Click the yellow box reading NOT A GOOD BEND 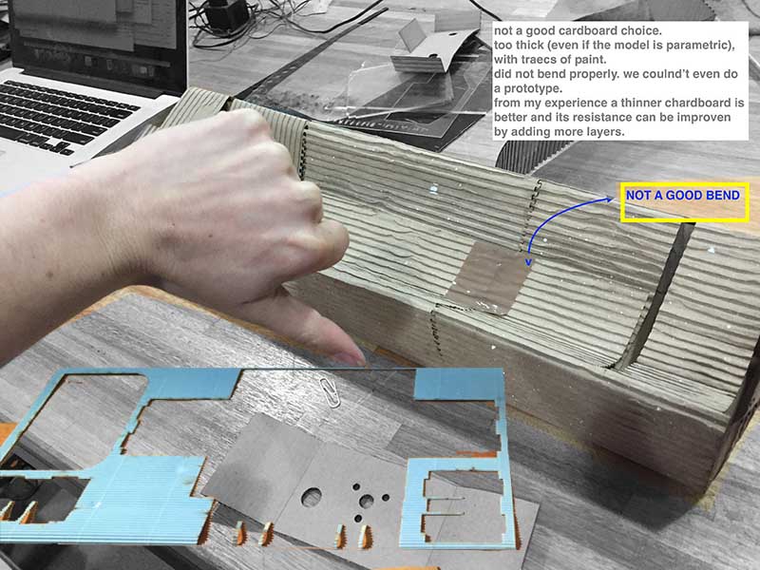(684, 202)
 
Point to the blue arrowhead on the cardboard (529, 262)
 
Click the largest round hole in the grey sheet (312, 497)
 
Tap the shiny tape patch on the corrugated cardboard (488, 277)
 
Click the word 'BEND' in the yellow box (723, 196)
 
